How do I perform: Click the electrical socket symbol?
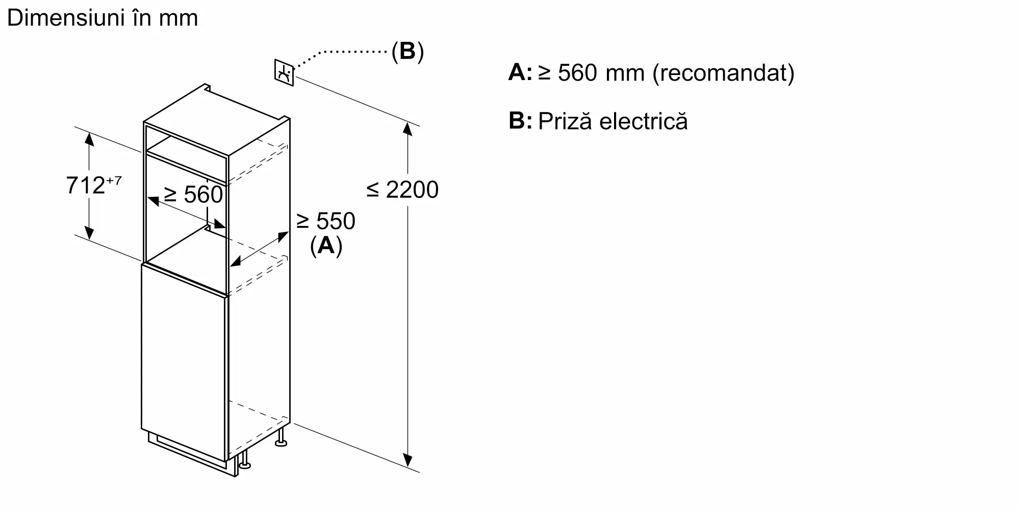pyautogui.click(x=284, y=73)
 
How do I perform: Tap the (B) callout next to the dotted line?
pyautogui.click(x=407, y=52)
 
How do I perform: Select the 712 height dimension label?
pyautogui.click(x=86, y=185)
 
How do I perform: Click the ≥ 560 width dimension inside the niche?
pyautogui.click(x=193, y=195)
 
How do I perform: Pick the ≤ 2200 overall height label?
pyautogui.click(x=402, y=190)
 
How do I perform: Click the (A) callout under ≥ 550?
pyautogui.click(x=326, y=246)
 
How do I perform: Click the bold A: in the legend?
pyautogui.click(x=520, y=73)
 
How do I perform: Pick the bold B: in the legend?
pyautogui.click(x=520, y=121)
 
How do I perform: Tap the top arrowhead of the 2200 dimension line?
pyautogui.click(x=407, y=129)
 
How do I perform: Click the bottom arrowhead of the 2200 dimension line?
pyautogui.click(x=407, y=460)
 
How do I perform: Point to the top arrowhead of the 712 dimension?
pyautogui.click(x=89, y=139)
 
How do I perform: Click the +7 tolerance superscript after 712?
pyautogui.click(x=114, y=180)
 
